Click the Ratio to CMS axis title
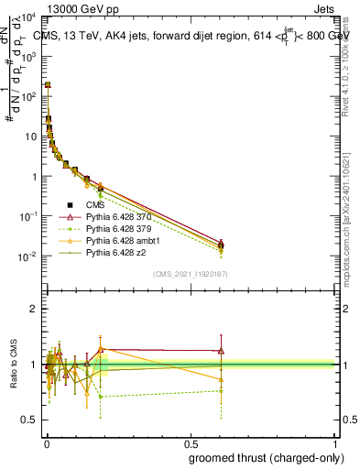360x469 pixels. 13,365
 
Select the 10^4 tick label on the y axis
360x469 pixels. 28,17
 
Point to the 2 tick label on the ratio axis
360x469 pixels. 33,309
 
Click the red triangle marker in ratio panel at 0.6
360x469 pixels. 221,351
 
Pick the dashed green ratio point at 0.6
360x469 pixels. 221,391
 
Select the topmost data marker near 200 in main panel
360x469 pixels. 48,84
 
